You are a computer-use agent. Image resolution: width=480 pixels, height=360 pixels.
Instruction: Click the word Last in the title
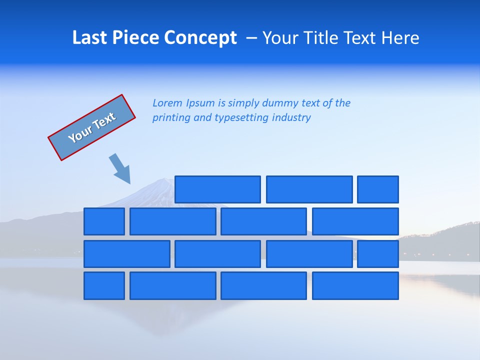point(90,38)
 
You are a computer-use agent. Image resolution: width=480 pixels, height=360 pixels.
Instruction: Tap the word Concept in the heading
point(200,38)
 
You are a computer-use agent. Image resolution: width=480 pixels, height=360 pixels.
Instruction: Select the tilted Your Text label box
point(92,127)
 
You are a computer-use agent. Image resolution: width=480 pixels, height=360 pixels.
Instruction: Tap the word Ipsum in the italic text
point(200,103)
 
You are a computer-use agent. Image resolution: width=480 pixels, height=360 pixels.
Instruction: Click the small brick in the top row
point(378,189)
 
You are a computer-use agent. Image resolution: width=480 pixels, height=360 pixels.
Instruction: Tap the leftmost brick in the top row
point(217,189)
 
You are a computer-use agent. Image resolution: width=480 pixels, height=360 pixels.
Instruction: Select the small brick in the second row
point(104,221)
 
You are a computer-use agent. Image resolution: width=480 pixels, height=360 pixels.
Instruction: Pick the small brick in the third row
point(378,254)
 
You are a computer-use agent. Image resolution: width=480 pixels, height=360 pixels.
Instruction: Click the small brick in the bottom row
point(104,286)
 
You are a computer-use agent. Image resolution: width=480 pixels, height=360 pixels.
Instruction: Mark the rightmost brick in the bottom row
point(355,286)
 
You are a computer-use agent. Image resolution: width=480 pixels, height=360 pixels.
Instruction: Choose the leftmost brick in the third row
point(127,254)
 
